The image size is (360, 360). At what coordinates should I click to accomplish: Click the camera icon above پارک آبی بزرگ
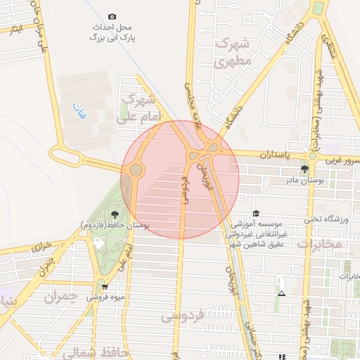[112, 16]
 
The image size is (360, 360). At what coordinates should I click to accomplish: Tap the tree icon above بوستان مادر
[304, 169]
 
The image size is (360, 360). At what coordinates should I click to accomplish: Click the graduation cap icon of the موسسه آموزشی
[256, 213]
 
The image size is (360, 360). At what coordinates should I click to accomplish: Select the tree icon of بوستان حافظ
[114, 213]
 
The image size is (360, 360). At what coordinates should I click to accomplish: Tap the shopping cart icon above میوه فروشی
[104, 287]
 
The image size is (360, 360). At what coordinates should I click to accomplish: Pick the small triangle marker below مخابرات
[281, 292]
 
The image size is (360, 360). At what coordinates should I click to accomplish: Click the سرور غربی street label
[343, 161]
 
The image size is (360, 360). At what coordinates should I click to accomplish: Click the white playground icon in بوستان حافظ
[97, 242]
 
